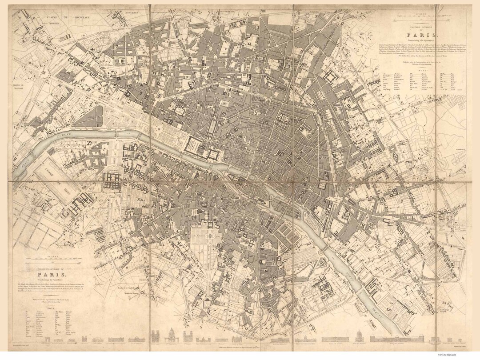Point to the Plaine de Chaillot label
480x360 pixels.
18,87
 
